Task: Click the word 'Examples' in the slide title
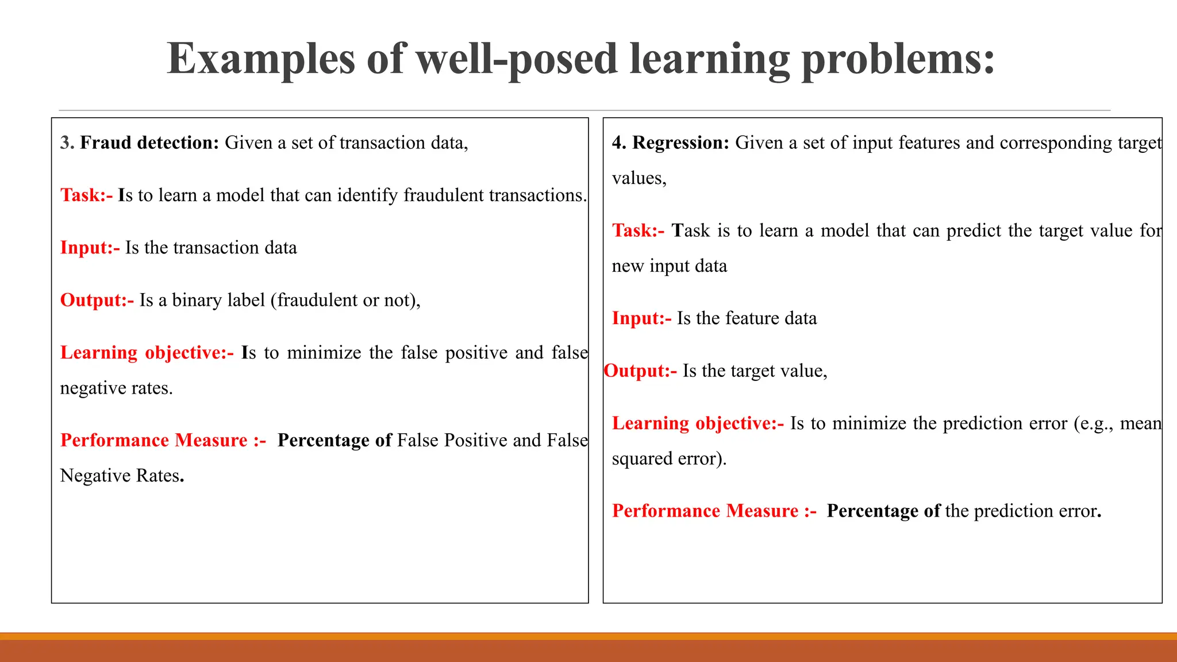pos(261,59)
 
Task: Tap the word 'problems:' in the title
pos(898,59)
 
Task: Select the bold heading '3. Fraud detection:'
pos(140,143)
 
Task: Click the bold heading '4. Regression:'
pos(670,143)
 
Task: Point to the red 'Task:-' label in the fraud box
pos(86,195)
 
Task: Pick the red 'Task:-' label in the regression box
pos(638,230)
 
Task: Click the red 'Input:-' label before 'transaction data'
pos(90,248)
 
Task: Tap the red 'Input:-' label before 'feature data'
pos(641,318)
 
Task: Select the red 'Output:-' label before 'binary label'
pos(97,300)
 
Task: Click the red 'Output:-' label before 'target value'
pos(640,371)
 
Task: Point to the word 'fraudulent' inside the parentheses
pos(317,300)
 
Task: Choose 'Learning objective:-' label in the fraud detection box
pos(147,353)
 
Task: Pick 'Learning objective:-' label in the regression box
pos(698,424)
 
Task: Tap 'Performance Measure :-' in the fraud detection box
pos(163,440)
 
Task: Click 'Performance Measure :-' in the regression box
pos(714,511)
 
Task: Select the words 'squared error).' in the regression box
pos(669,459)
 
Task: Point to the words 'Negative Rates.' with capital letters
pos(122,476)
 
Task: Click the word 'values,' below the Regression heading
pos(639,178)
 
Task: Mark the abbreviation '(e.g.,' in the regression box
pos(1093,424)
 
